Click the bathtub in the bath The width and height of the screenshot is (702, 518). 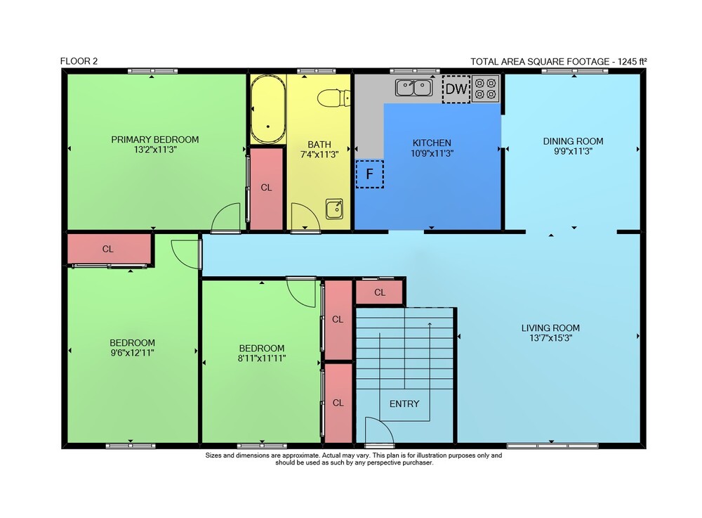pyautogui.click(x=267, y=109)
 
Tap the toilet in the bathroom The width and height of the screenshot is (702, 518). pyautogui.click(x=333, y=98)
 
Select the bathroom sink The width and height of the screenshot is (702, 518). pyautogui.click(x=334, y=209)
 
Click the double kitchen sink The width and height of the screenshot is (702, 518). pyautogui.click(x=414, y=87)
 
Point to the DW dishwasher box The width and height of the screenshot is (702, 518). pyautogui.click(x=456, y=89)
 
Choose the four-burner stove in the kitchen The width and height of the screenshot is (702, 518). pyautogui.click(x=485, y=89)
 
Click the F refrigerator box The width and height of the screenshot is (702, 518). pyautogui.click(x=369, y=174)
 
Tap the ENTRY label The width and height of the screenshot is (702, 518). pyautogui.click(x=404, y=403)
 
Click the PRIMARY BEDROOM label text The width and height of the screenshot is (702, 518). pyautogui.click(x=155, y=139)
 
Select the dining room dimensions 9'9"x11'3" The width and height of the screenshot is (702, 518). pyautogui.click(x=573, y=151)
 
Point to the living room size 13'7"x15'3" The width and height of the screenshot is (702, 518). pyautogui.click(x=550, y=338)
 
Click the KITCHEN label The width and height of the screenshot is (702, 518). pyautogui.click(x=432, y=143)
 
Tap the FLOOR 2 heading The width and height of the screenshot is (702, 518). pyautogui.click(x=79, y=61)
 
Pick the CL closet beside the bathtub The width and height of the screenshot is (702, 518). pyautogui.click(x=266, y=188)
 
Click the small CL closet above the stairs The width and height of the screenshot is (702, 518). pyautogui.click(x=380, y=292)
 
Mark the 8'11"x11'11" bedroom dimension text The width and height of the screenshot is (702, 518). pyautogui.click(x=262, y=358)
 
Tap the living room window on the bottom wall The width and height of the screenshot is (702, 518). pyautogui.click(x=552, y=446)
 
